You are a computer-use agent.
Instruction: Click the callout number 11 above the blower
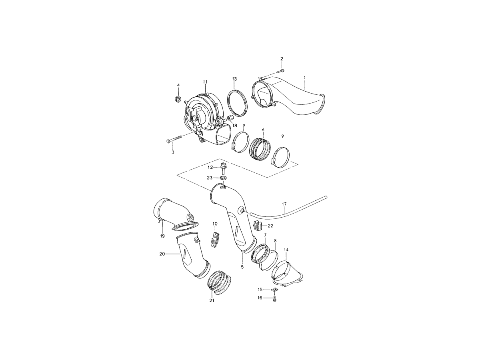point(205,82)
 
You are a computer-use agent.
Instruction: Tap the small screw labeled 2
point(280,71)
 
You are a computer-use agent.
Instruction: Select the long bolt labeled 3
point(174,139)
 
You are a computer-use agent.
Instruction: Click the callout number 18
point(234,126)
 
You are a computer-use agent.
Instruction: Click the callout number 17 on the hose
point(284,204)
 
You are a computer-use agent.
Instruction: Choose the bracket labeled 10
point(215,240)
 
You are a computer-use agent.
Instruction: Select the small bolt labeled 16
point(274,298)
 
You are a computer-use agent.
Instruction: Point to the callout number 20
point(162,254)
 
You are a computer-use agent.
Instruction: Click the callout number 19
point(162,236)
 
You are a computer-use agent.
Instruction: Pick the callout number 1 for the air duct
point(305,77)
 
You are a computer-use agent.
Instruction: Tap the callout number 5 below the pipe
point(242,267)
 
